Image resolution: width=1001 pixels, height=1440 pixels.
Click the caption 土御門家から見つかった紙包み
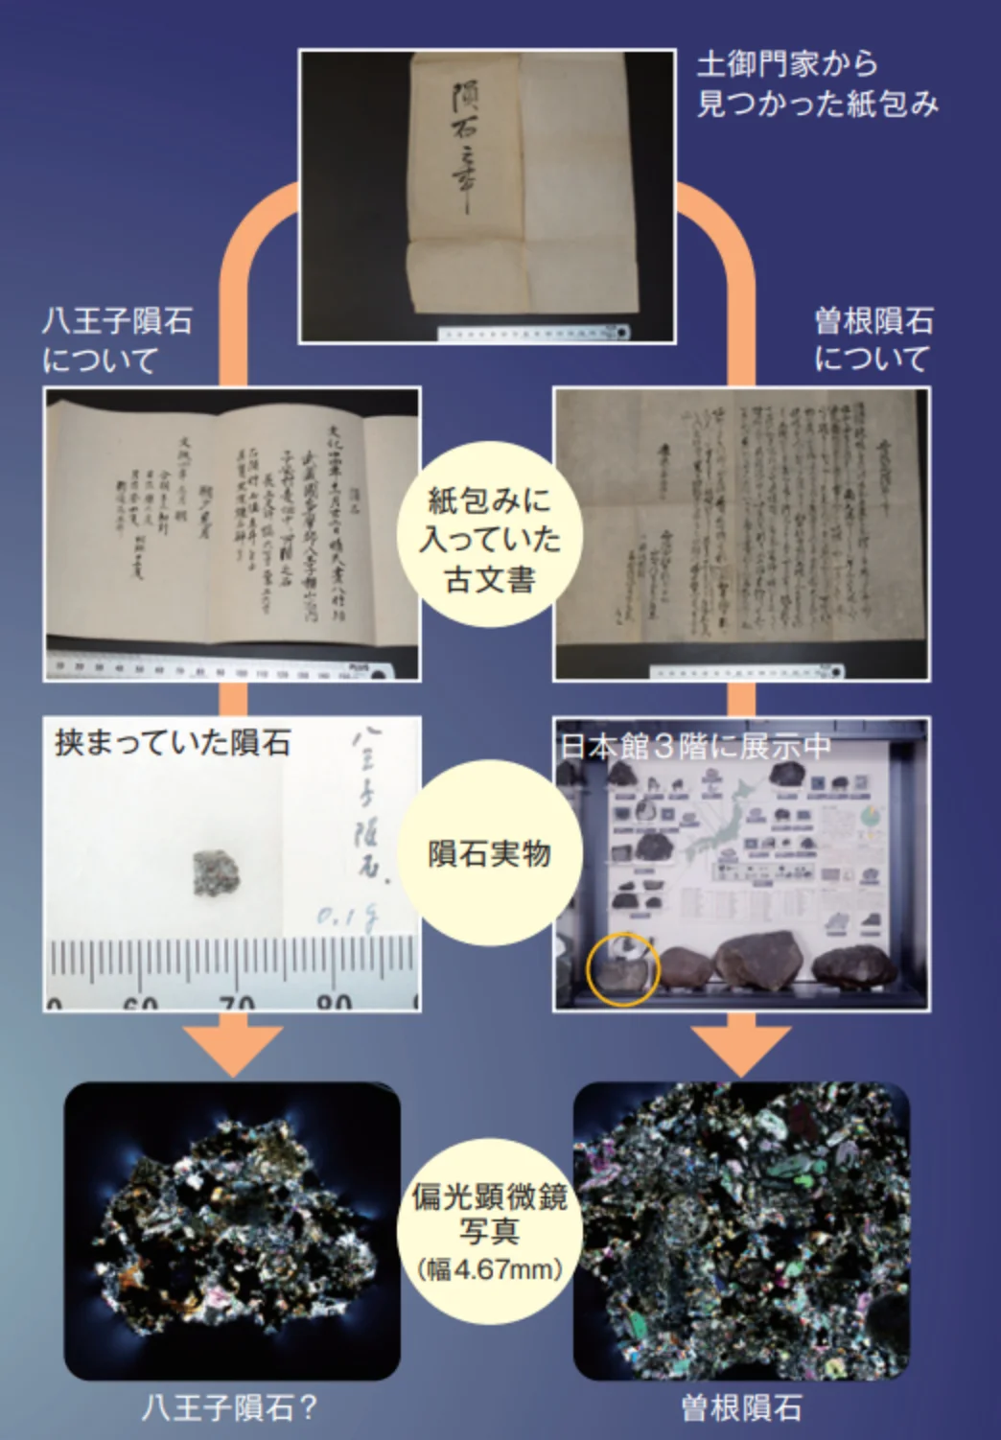pyautogui.click(x=816, y=83)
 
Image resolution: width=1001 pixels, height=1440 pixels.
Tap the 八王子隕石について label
pyautogui.click(x=117, y=340)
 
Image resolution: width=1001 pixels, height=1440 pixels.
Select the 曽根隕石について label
pyautogui.click(x=873, y=339)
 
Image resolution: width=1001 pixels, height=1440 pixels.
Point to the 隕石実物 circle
pyautogui.click(x=490, y=852)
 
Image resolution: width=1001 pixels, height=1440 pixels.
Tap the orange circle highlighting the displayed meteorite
pyautogui.click(x=622, y=967)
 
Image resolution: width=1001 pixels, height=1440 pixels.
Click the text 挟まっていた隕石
pyautogui.click(x=173, y=743)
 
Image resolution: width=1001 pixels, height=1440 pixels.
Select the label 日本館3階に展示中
pyautogui.click(x=695, y=747)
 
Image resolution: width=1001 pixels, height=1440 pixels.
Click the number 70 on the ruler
pyautogui.click(x=235, y=1001)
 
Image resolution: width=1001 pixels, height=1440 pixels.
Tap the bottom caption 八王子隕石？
pyautogui.click(x=230, y=1407)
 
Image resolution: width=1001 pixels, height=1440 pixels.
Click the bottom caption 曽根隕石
pyautogui.click(x=741, y=1407)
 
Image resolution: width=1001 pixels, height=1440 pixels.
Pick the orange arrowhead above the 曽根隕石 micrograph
pyautogui.click(x=741, y=1049)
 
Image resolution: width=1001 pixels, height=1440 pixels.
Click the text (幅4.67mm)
pyautogui.click(x=490, y=1269)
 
